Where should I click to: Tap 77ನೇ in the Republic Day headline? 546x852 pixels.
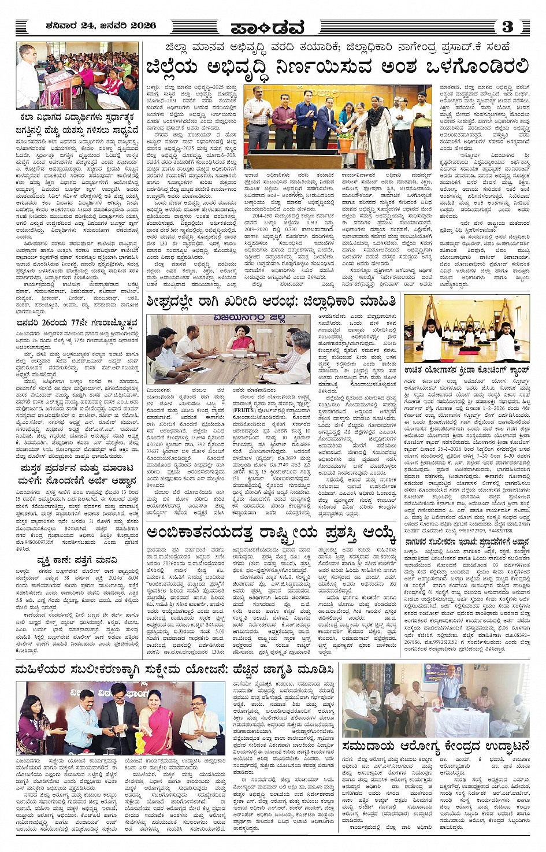[79, 323]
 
